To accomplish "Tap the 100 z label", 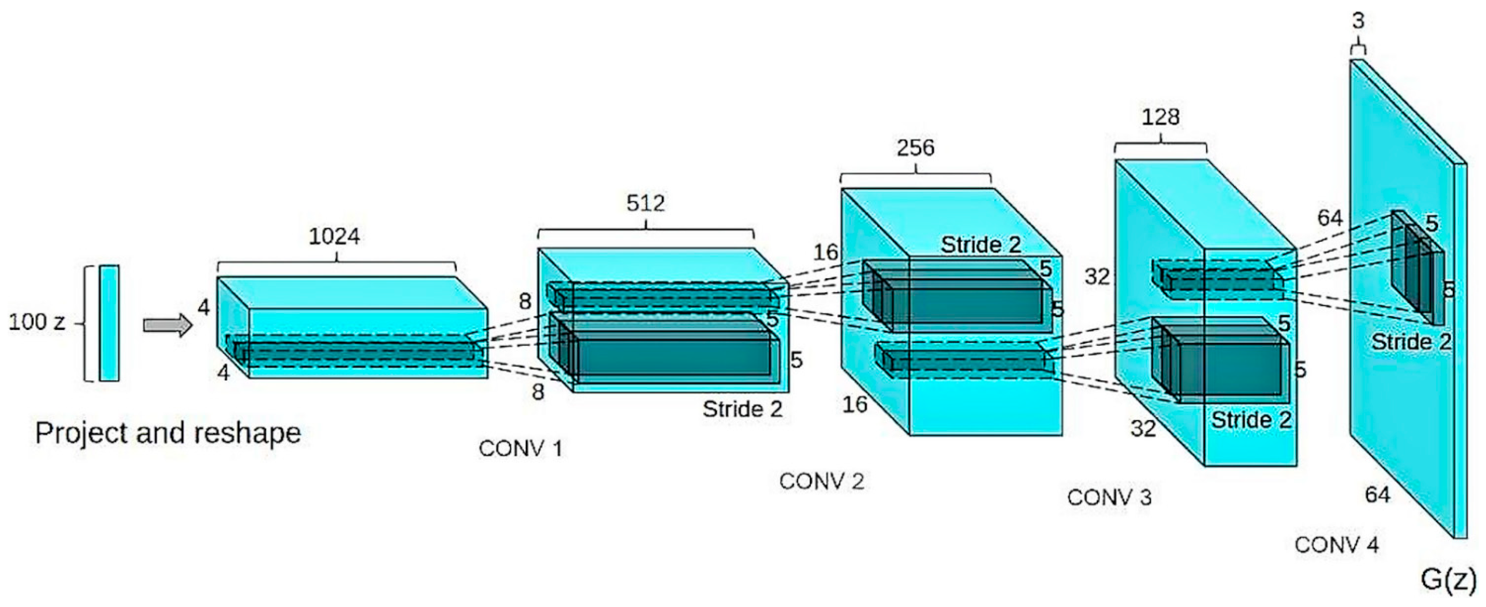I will [36, 322].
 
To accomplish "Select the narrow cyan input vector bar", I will [109, 323].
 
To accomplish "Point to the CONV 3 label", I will [1109, 497].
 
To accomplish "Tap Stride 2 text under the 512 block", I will [742, 409].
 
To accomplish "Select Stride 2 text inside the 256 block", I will [981, 244].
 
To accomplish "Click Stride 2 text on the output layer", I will [1411, 342].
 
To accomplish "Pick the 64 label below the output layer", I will [1377, 494].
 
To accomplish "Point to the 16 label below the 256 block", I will [855, 404].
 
